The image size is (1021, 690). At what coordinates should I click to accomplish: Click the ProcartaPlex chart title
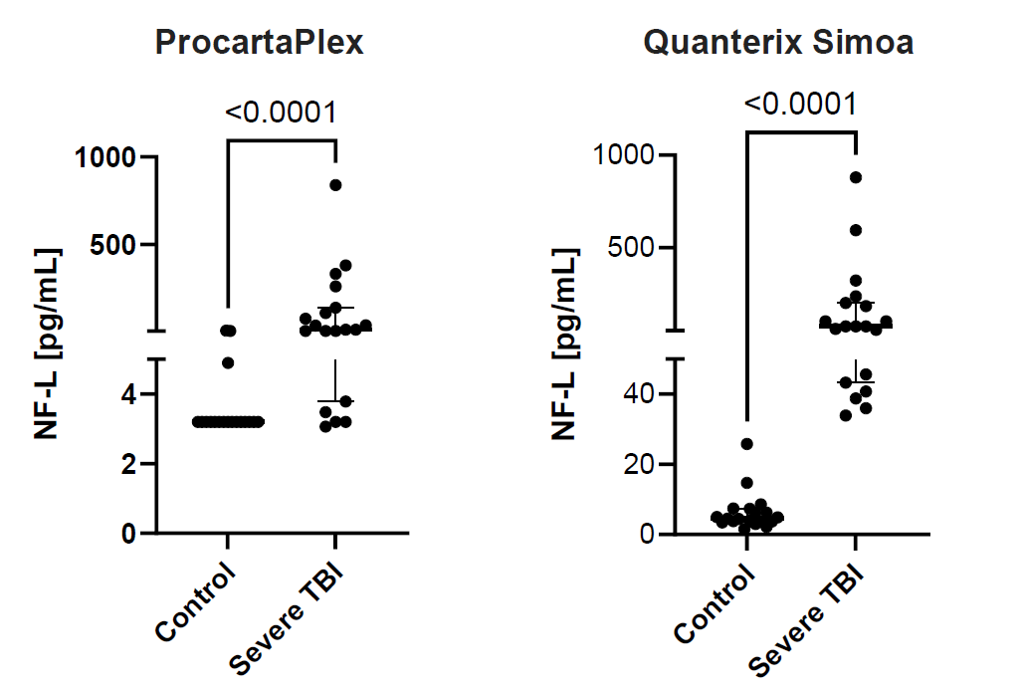(x=258, y=43)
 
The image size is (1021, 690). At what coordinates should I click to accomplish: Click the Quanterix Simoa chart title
(x=778, y=43)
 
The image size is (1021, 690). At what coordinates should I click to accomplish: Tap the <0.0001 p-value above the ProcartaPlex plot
(x=281, y=112)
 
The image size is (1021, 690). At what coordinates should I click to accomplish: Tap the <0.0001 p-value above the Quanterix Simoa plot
(x=799, y=103)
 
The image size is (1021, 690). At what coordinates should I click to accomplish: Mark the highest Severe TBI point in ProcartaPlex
(x=335, y=185)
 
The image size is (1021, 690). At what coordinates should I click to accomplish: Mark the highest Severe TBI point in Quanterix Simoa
(x=855, y=177)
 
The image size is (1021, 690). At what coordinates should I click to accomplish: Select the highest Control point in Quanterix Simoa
(x=746, y=444)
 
